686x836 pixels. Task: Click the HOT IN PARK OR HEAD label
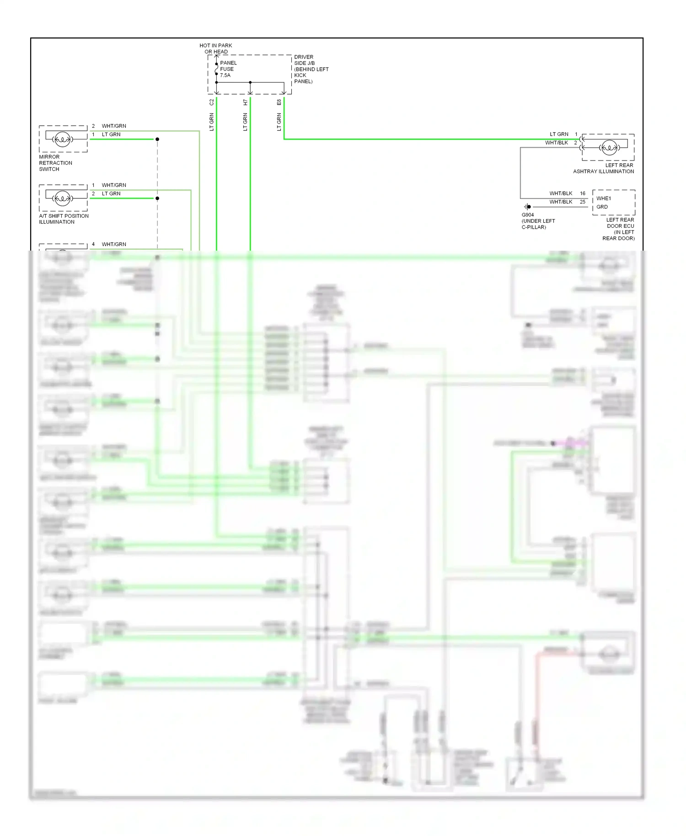click(x=215, y=48)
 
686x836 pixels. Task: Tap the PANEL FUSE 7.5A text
click(x=228, y=69)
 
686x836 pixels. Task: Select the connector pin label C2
click(x=211, y=102)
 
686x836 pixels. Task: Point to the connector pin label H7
click(x=245, y=102)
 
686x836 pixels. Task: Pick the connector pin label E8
click(x=279, y=102)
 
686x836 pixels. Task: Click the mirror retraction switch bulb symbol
click(x=62, y=139)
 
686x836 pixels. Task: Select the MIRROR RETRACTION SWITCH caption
click(x=55, y=163)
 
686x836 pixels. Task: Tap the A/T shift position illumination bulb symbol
click(x=62, y=198)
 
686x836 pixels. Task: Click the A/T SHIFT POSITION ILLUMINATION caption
click(x=64, y=219)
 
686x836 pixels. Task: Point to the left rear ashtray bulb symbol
click(x=609, y=147)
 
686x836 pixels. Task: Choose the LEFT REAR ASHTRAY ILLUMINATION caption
click(x=604, y=168)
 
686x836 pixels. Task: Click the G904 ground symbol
click(x=528, y=207)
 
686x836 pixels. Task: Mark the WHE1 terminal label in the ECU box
click(x=603, y=198)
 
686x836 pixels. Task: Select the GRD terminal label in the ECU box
click(x=602, y=207)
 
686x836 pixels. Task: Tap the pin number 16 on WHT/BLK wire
click(x=583, y=193)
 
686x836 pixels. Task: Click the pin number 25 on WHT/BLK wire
click(x=583, y=202)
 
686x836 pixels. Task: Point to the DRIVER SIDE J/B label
click(x=311, y=69)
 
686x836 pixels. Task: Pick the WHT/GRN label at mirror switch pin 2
click(x=114, y=126)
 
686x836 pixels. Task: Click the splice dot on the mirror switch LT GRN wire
click(x=157, y=139)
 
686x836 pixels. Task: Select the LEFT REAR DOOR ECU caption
click(x=620, y=229)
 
